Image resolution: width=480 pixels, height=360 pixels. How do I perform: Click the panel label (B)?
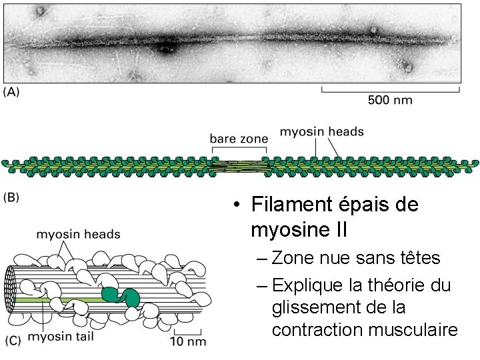[11, 197]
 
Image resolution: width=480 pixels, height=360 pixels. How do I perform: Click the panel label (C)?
[13, 340]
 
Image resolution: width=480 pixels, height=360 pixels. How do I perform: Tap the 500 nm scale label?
[390, 100]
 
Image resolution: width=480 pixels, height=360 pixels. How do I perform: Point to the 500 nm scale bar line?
[391, 87]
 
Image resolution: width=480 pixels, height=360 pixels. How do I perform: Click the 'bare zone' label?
[238, 139]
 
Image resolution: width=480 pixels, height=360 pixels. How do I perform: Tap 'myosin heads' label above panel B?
[321, 131]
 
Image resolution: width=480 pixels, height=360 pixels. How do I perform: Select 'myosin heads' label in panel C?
[78, 234]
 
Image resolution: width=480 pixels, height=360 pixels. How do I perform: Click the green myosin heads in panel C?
[119, 296]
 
